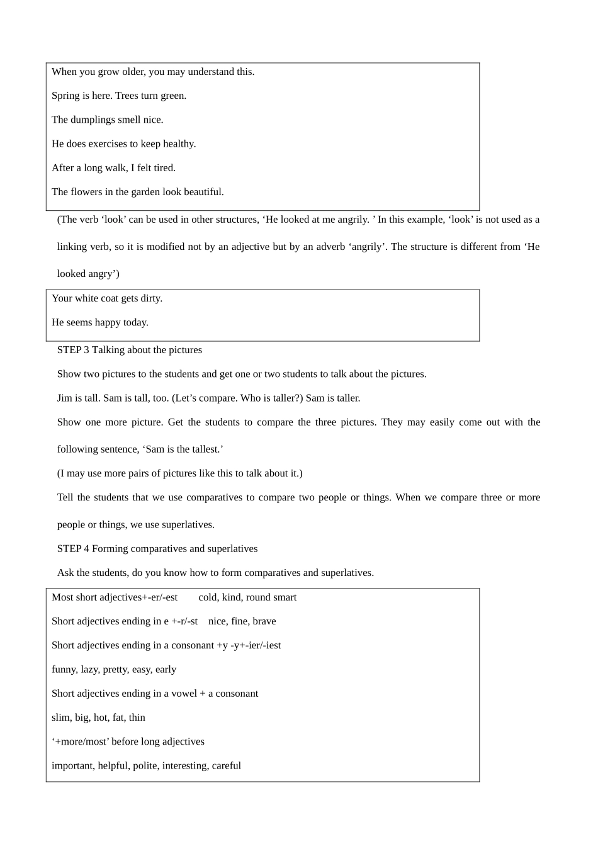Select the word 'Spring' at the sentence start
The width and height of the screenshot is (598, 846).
[65, 96]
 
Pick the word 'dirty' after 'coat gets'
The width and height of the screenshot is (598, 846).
[150, 298]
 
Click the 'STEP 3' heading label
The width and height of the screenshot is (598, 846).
[73, 350]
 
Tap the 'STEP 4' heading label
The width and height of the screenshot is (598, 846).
[73, 549]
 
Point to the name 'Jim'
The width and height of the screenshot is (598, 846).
[64, 398]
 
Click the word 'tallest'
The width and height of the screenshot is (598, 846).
[204, 449]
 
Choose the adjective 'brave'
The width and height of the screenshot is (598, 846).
[264, 621]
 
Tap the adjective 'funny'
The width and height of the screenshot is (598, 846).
[64, 670]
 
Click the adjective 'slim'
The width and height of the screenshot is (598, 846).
[60, 718]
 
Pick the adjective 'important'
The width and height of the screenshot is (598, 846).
[72, 766]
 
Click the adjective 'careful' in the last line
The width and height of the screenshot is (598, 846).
[226, 766]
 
